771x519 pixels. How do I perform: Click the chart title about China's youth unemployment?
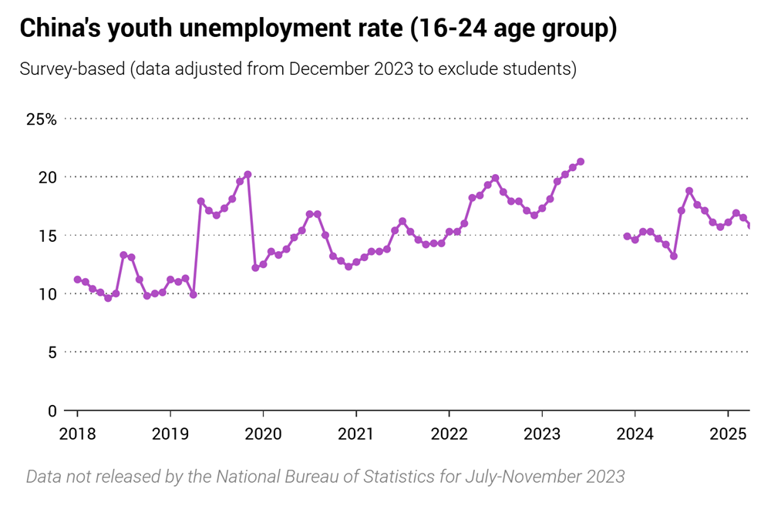point(318,28)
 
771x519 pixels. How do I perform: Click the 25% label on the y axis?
point(41,119)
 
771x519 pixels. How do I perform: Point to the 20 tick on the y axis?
point(48,177)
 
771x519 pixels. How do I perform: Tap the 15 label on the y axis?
point(48,236)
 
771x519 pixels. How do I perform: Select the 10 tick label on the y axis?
point(48,294)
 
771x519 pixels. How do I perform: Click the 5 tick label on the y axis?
point(52,352)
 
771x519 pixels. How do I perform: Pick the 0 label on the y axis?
point(52,410)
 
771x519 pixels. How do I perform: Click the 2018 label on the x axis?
point(77,434)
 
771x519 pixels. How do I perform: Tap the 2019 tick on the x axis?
point(170,434)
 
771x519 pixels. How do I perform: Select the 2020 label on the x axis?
point(263,434)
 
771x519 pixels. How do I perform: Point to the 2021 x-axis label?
point(356,434)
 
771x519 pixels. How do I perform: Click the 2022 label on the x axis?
point(449,434)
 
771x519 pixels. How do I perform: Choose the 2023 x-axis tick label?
point(542,434)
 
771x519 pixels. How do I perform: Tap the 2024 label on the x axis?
point(635,434)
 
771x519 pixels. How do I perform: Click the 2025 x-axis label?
point(728,434)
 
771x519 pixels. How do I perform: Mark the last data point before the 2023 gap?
point(581,162)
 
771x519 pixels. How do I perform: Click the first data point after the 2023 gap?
point(627,236)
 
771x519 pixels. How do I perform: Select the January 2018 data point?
point(77,280)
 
